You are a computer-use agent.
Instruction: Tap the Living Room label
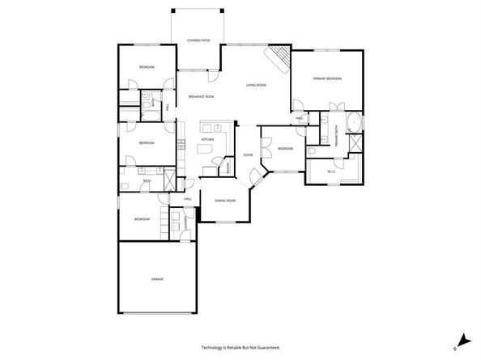(x=257, y=85)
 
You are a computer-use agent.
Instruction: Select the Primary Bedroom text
(x=328, y=78)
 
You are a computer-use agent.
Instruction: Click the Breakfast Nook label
(x=201, y=97)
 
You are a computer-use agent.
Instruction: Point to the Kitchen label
(x=207, y=139)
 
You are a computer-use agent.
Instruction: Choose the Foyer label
(x=249, y=155)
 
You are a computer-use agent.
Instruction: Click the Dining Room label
(x=225, y=201)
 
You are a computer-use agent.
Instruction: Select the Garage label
(x=157, y=279)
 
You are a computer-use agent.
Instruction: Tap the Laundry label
(x=185, y=221)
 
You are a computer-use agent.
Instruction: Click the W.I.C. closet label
(x=331, y=172)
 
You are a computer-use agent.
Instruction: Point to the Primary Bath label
(x=335, y=133)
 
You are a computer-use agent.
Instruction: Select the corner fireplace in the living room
(x=278, y=57)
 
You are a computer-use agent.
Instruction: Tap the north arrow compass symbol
(x=462, y=342)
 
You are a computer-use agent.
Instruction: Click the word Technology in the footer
(x=215, y=347)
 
